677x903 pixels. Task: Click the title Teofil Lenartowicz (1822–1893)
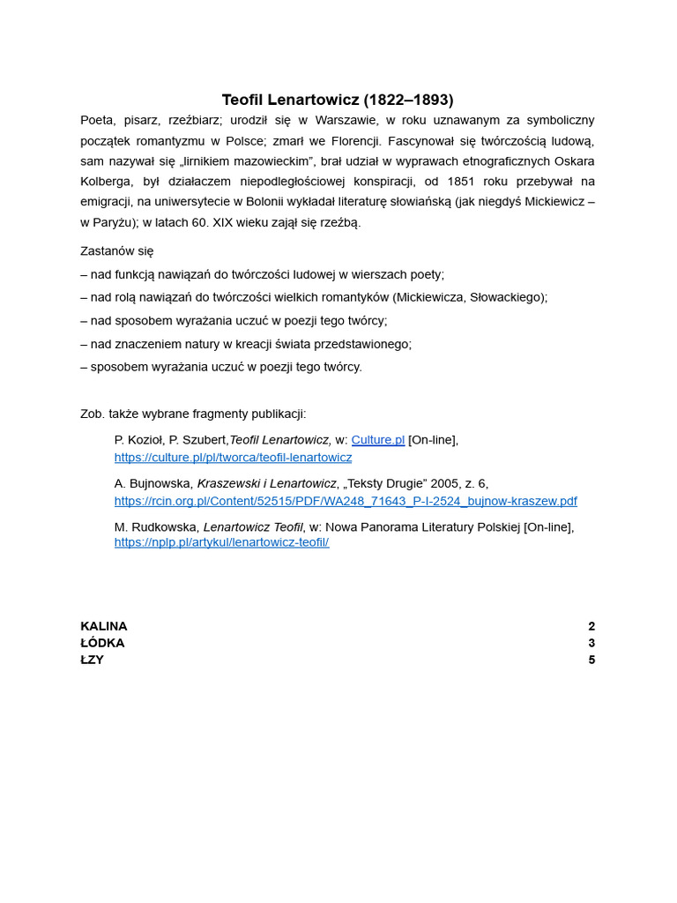coord(338,100)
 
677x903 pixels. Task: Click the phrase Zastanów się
coord(117,251)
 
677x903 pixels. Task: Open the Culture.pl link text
coord(377,440)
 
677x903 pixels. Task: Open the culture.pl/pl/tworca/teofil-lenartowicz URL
coord(233,458)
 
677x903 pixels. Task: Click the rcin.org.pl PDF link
coord(346,501)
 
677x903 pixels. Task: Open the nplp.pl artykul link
coord(221,542)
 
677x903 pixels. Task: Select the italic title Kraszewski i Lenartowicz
coord(266,483)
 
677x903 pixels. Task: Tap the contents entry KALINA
coord(104,626)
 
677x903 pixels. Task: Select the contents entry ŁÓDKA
coord(102,643)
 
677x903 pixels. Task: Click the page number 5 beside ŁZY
coord(591,660)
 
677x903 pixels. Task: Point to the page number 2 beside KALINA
coord(591,626)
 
